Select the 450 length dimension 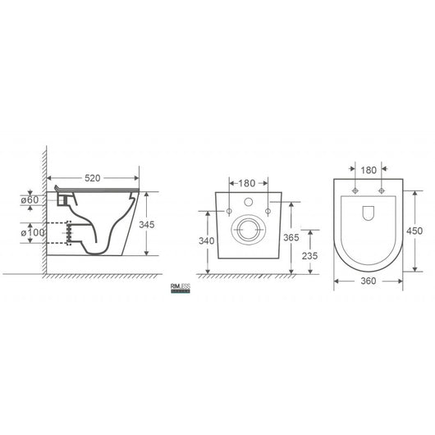pyautogui.click(x=415, y=231)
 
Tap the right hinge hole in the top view pyautogui.click(x=382, y=190)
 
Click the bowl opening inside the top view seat pyautogui.click(x=368, y=213)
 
